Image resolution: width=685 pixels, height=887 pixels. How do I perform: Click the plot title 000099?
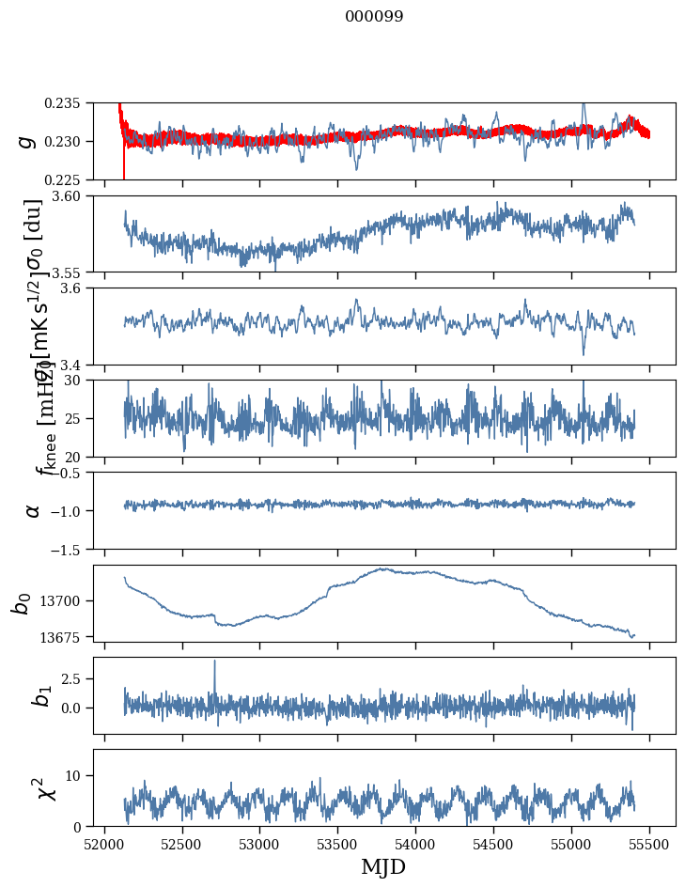tap(374, 17)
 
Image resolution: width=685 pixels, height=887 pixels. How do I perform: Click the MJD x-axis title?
tap(383, 867)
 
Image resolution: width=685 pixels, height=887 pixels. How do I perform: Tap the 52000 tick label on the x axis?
tap(104, 844)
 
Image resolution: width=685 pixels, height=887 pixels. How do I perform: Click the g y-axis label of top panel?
tap(27, 141)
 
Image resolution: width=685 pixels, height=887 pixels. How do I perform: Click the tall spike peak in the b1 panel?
tap(214, 661)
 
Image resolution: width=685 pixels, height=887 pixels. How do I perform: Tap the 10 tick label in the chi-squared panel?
tap(79, 775)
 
